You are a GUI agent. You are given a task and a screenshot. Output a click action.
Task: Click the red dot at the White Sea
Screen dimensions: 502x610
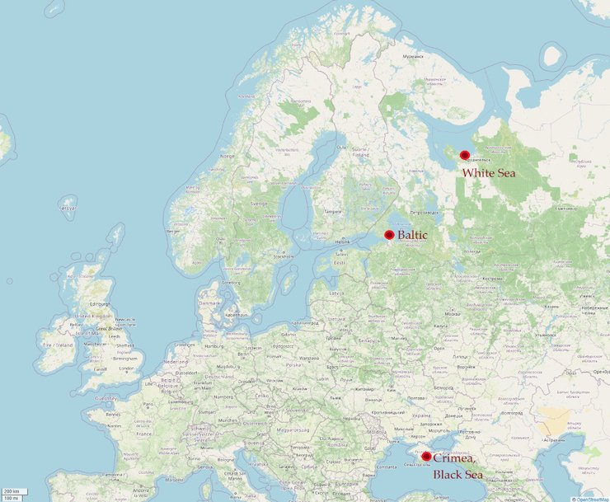[465, 155]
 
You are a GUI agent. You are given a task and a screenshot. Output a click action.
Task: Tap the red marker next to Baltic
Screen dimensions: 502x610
[389, 235]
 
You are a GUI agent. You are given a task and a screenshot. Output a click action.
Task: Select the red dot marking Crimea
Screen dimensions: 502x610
[426, 456]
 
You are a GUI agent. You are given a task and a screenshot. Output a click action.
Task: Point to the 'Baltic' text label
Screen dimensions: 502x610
[412, 235]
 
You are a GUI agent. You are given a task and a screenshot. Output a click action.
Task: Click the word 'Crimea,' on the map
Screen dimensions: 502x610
[454, 458]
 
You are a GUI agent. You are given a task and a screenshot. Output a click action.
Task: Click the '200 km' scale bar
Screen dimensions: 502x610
[11, 491]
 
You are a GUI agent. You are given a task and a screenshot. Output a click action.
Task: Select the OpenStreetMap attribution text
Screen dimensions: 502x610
[592, 498]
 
